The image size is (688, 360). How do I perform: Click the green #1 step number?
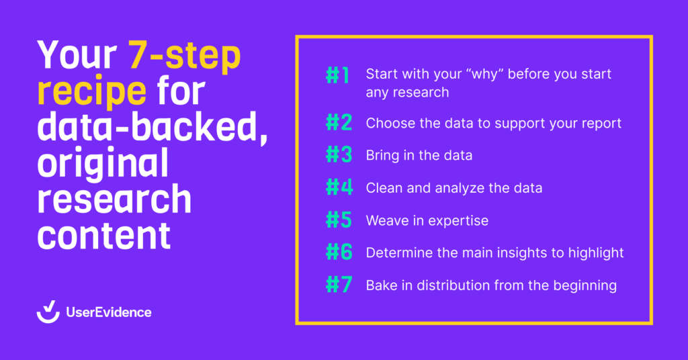tap(337, 75)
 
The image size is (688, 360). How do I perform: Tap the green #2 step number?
tap(339, 124)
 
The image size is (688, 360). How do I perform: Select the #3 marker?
tap(339, 156)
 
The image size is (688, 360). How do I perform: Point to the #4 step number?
tap(339, 188)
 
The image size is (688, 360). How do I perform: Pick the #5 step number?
tap(339, 220)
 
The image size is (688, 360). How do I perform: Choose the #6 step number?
tap(339, 253)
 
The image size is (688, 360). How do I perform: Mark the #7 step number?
tap(339, 285)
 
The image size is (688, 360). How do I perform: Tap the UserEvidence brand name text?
tap(108, 312)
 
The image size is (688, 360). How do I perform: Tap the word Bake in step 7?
tap(382, 285)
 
